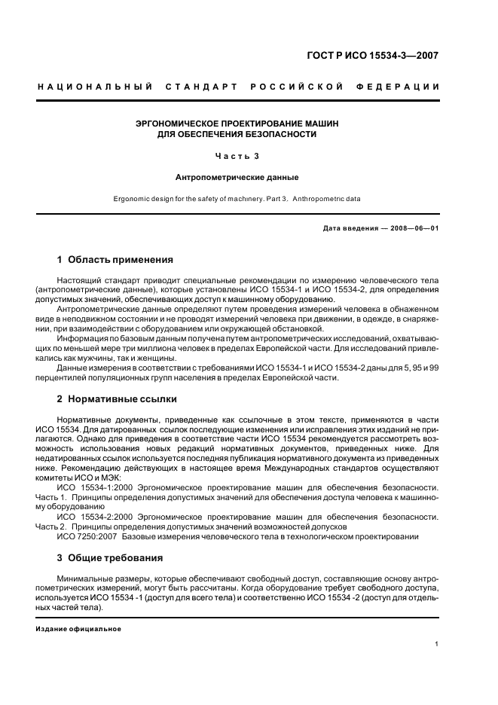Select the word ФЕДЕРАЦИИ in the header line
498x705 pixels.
pyautogui.click(x=402, y=87)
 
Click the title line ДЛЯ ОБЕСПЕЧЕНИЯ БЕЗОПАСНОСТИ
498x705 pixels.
pyautogui.click(x=237, y=134)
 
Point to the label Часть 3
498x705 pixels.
pyautogui.click(x=237, y=156)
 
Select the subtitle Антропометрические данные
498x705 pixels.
pyautogui.click(x=237, y=178)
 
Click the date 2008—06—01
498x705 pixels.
pyautogui.click(x=413, y=228)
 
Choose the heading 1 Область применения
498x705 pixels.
pyautogui.click(x=115, y=260)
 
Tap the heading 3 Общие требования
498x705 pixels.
pyautogui.click(x=110, y=558)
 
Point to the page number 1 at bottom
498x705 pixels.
pyautogui.click(x=437, y=644)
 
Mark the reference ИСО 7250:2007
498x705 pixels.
pyautogui.click(x=85, y=536)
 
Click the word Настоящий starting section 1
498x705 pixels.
pyautogui.click(x=77, y=280)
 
